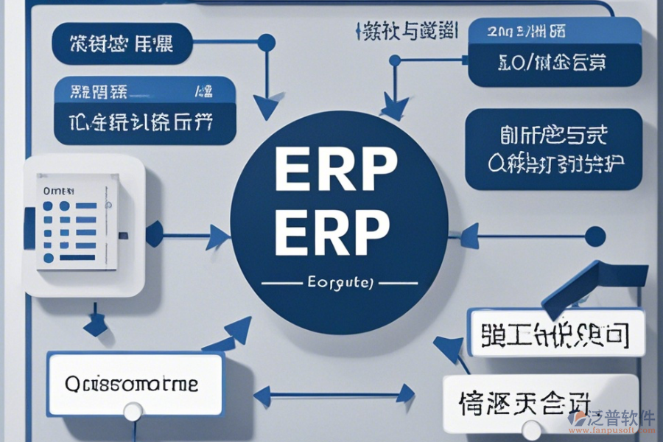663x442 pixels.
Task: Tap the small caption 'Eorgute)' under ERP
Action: pos(339,282)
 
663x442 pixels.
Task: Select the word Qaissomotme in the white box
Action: pos(132,384)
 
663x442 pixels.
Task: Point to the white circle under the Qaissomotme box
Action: pos(133,412)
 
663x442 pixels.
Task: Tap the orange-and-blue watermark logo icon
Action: pos(580,419)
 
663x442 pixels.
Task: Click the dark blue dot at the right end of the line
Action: pos(594,236)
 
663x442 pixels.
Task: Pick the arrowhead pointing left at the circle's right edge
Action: pos(466,236)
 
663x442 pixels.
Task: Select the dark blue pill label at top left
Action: pos(122,43)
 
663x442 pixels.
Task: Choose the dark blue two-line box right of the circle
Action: pos(553,150)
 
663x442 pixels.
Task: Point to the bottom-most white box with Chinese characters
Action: pos(540,403)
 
